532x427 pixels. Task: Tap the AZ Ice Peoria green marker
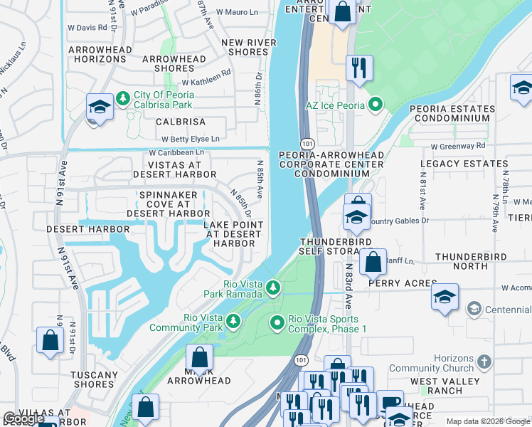pyautogui.click(x=376, y=105)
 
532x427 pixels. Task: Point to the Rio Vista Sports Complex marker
pyautogui.click(x=277, y=324)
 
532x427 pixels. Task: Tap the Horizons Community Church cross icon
pyautogui.click(x=484, y=362)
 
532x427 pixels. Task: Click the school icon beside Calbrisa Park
pyautogui.click(x=100, y=107)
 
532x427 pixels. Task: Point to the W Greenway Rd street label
pyautogui.click(x=458, y=146)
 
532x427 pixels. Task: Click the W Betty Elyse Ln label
pyautogui.click(x=190, y=139)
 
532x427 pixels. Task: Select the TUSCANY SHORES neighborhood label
pyautogui.click(x=95, y=379)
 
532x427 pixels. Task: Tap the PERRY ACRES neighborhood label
pyautogui.click(x=402, y=283)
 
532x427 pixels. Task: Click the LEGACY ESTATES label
pyautogui.click(x=455, y=164)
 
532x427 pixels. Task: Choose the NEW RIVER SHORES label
pyautogui.click(x=249, y=47)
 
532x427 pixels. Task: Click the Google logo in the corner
pyautogui.click(x=23, y=418)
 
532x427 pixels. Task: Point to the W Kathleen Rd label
pyautogui.click(x=206, y=73)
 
